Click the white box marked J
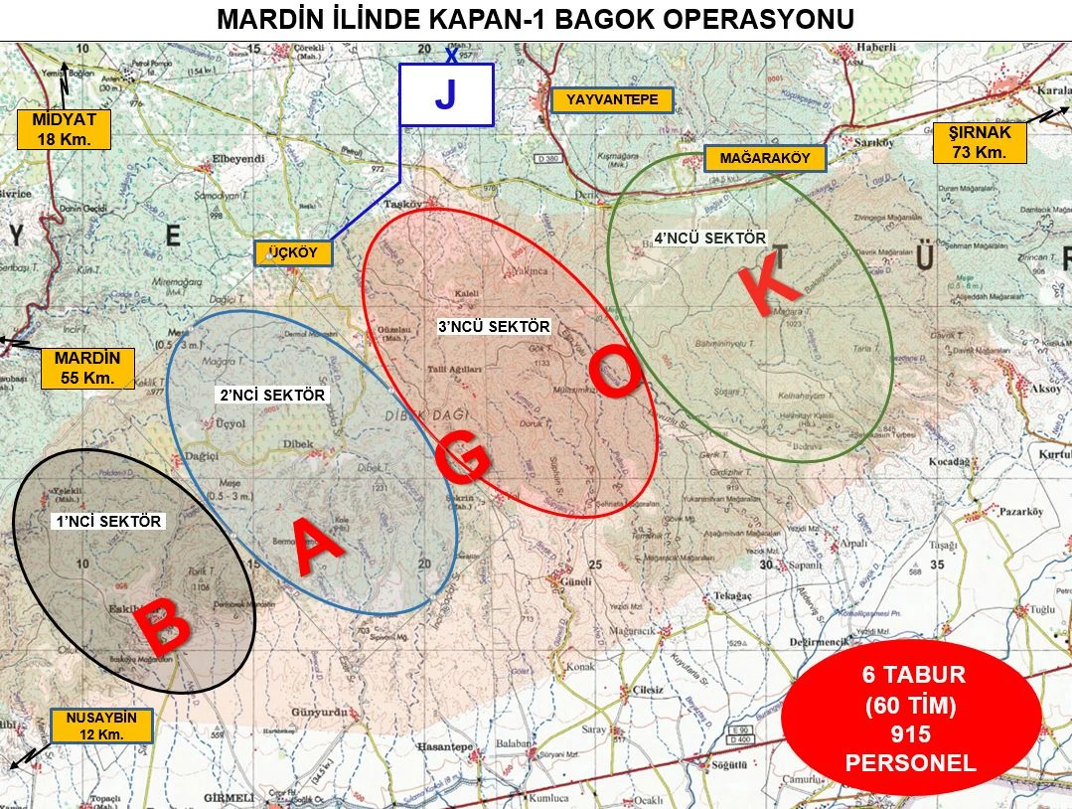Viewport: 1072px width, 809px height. (x=446, y=95)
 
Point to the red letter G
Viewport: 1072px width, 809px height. (x=463, y=460)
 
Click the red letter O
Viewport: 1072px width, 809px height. (x=617, y=372)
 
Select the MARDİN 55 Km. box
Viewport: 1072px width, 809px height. (x=87, y=368)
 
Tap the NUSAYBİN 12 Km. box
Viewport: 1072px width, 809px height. (x=101, y=726)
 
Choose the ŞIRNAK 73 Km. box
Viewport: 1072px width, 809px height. (x=980, y=142)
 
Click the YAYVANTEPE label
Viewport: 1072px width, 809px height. (x=613, y=100)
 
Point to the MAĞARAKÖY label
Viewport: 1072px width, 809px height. (x=758, y=158)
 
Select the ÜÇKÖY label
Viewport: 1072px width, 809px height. (x=292, y=253)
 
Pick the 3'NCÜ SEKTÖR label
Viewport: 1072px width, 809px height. (x=494, y=326)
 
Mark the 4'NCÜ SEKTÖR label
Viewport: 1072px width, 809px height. (x=709, y=239)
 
